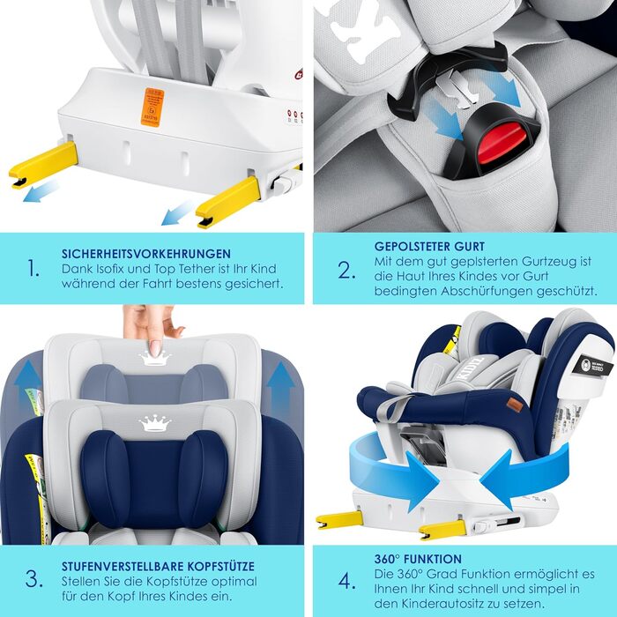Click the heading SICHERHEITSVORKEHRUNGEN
(x=146, y=253)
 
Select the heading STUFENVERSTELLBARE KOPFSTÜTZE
(x=159, y=566)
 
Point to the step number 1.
(x=33, y=269)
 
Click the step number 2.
(x=346, y=269)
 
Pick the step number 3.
(x=33, y=580)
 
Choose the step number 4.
(x=346, y=580)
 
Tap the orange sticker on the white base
(x=151, y=107)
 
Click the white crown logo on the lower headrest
(x=154, y=423)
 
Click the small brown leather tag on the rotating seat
(x=513, y=405)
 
